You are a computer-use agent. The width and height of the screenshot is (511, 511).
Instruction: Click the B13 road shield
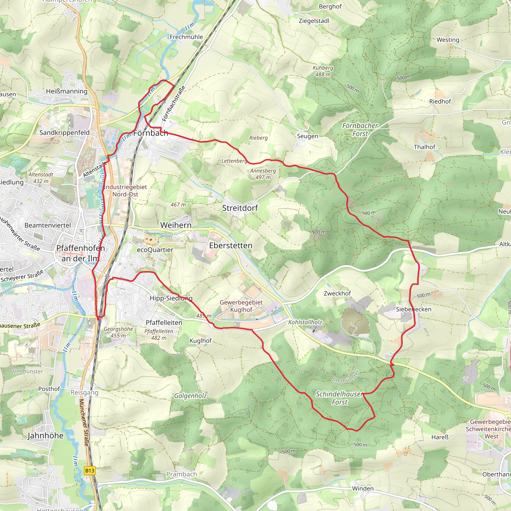89,471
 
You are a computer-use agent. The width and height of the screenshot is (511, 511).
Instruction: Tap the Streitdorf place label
240,208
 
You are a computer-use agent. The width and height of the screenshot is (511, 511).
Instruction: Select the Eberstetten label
231,246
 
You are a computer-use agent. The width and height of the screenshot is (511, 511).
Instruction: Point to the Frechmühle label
186,37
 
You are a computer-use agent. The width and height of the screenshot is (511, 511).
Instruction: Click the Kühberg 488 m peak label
323,71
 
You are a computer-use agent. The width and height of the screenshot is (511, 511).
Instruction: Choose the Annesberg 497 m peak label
263,174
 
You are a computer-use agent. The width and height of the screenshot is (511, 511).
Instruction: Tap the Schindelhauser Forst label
339,398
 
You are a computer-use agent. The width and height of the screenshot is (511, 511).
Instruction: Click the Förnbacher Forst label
360,129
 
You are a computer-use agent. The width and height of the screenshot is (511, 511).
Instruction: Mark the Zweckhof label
337,293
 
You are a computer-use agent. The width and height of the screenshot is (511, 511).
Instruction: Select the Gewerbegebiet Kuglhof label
241,306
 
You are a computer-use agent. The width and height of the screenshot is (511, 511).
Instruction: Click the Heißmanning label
67,92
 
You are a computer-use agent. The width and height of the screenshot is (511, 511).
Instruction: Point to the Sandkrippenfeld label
65,132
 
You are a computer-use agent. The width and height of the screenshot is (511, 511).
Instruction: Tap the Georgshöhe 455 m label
118,332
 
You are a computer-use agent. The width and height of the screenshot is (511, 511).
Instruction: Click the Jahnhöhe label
45,436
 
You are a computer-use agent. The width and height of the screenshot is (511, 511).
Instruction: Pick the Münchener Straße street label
84,422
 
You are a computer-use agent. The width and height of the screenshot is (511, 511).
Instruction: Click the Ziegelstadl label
314,21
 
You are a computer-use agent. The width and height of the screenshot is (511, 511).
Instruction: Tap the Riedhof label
440,102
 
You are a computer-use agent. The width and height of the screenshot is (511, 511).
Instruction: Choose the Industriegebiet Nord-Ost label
125,190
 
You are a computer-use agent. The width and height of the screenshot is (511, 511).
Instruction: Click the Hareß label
440,437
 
